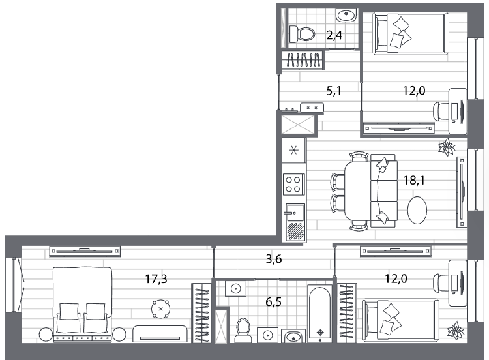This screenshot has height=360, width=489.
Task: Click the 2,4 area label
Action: pos(334,35)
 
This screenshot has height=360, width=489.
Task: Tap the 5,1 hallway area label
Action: pos(334,91)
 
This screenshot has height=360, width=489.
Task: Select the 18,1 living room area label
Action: pos(414,180)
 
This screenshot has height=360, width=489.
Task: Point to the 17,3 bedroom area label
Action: pos(156,278)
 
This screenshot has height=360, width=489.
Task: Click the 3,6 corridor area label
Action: pos(274,259)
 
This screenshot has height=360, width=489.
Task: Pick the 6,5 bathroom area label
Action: pos(273,302)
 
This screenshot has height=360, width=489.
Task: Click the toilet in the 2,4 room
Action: pos(302,34)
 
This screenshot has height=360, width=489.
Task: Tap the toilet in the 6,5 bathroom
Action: pos(243,331)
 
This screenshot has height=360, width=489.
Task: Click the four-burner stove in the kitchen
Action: pos(293,184)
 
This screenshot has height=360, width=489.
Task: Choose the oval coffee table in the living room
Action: pos(417,210)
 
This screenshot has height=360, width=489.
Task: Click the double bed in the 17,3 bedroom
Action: pos(82,305)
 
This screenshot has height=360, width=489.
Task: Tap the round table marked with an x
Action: pos(160,309)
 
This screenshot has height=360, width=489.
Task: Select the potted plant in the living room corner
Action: pos(447,147)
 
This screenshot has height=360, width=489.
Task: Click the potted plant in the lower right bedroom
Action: pos(456,331)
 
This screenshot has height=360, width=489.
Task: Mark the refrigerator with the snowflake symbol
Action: pos(294,151)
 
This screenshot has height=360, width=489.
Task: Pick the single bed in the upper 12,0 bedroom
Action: pos(410,34)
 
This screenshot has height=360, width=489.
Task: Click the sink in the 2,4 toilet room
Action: pos(346,14)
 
